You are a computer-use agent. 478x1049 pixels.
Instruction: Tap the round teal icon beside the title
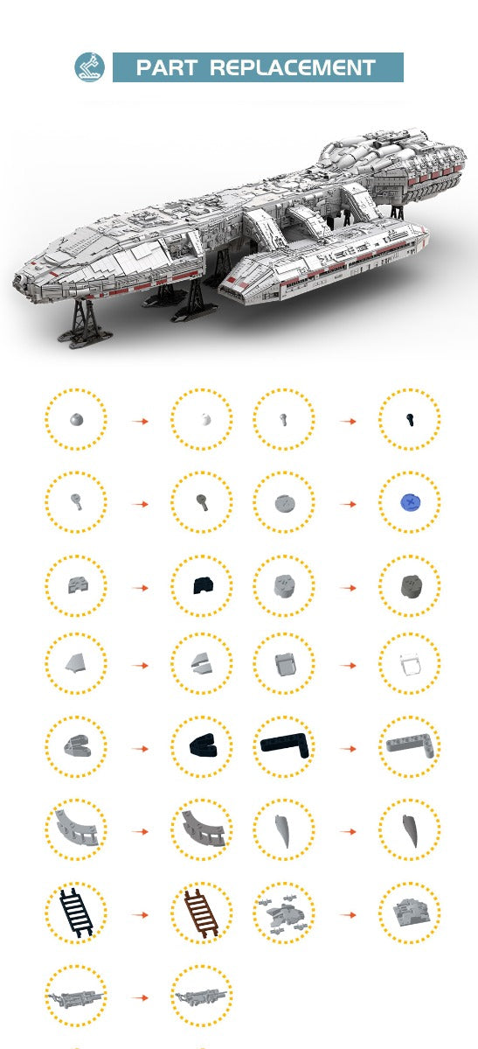point(89,67)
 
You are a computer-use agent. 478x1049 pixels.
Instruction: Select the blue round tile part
point(409,501)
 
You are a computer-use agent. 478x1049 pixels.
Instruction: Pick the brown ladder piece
point(201,913)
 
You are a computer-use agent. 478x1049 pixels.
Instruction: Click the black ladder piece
point(76,913)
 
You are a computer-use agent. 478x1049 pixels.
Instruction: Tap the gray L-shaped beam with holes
point(409,746)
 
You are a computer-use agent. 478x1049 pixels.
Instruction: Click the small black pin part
point(409,420)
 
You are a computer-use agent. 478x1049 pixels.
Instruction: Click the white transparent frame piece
point(409,666)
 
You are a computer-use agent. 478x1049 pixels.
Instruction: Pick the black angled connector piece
point(201,746)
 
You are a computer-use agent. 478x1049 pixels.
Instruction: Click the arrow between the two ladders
point(140,914)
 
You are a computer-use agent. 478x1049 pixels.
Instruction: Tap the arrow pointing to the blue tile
point(348,504)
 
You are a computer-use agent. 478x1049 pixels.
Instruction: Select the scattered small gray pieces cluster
point(283,913)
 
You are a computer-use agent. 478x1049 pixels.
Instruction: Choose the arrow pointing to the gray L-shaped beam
point(348,747)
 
